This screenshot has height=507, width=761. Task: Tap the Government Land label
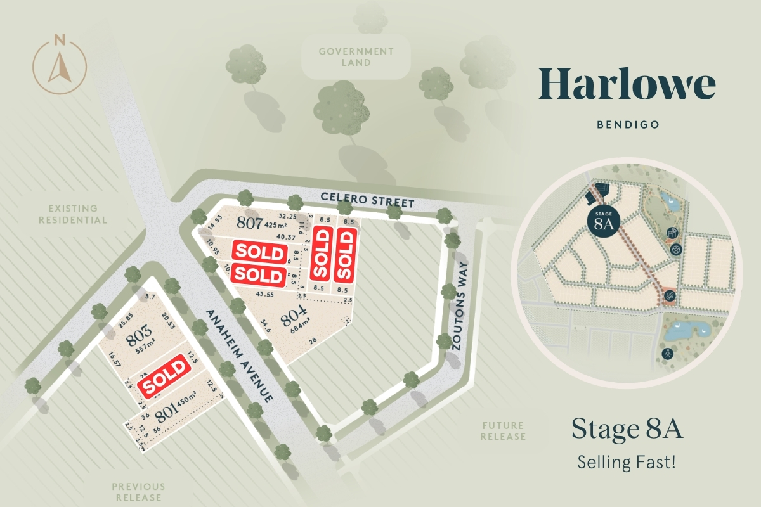click(x=356, y=56)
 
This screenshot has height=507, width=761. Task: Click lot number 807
click(x=249, y=222)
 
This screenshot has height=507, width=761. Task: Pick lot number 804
click(x=294, y=314)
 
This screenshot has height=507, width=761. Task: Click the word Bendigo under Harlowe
click(x=628, y=125)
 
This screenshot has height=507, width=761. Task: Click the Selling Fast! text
click(x=627, y=462)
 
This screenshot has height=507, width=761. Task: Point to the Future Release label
click(x=503, y=431)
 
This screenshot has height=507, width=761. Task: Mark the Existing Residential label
click(x=73, y=214)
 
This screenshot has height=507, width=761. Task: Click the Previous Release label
click(x=138, y=492)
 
